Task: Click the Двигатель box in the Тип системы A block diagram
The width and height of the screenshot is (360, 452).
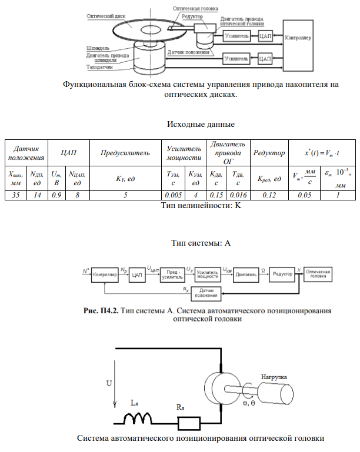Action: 244,273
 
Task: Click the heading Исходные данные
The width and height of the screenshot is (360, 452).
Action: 201,125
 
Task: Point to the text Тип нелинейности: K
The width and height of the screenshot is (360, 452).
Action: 201,206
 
